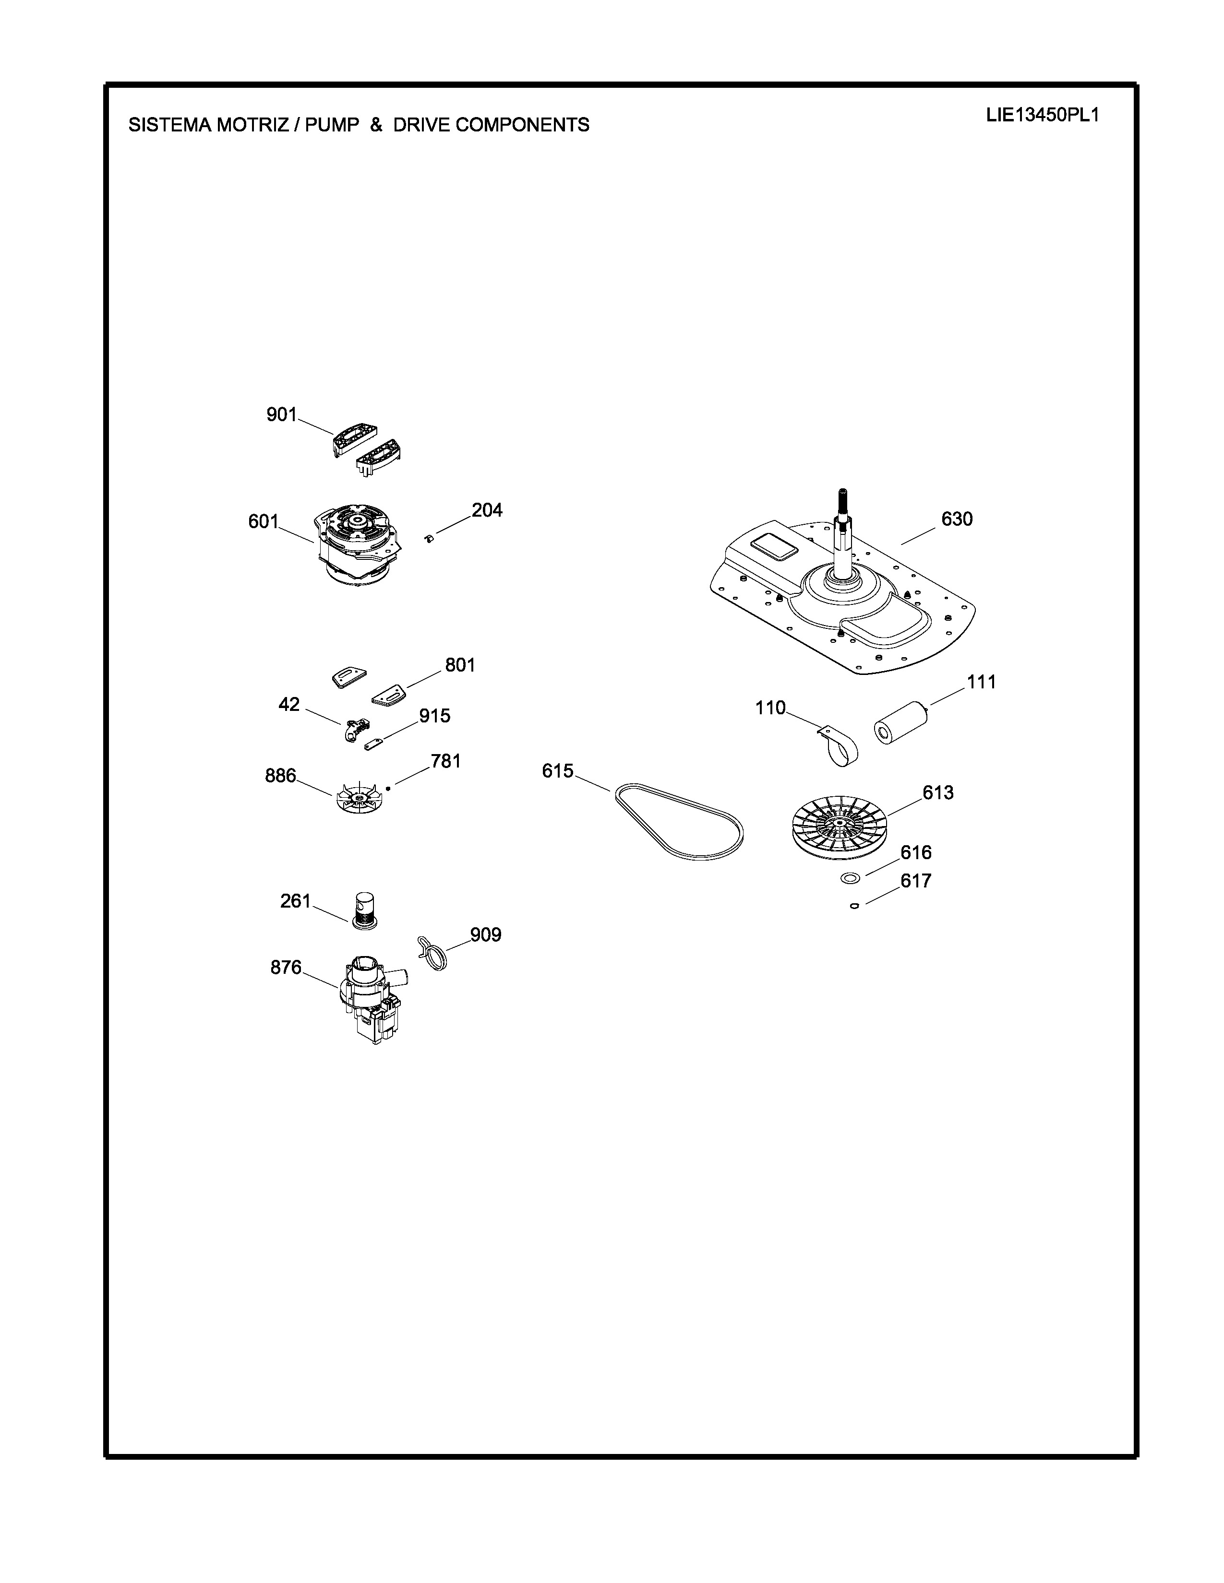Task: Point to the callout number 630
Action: click(957, 519)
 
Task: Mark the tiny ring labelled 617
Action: click(854, 905)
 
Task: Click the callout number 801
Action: click(460, 665)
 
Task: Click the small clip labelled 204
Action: click(429, 538)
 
